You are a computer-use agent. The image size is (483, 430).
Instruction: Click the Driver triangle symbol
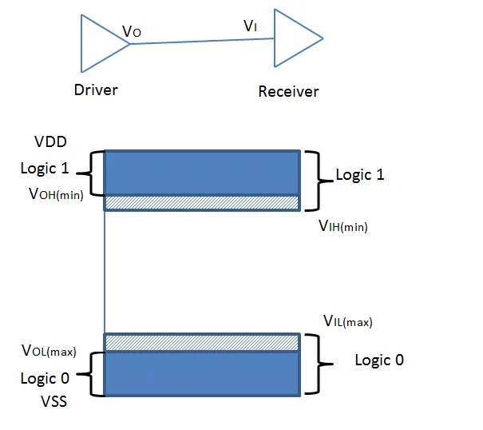pyautogui.click(x=99, y=43)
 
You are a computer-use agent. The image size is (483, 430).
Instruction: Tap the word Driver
pyautogui.click(x=95, y=90)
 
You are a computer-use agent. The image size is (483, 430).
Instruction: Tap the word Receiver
pyautogui.click(x=288, y=91)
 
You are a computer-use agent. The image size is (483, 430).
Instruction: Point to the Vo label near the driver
pyautogui.click(x=132, y=31)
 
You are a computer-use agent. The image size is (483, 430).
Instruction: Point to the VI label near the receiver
pyautogui.click(x=250, y=26)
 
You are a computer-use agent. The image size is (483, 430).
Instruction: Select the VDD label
pyautogui.click(x=51, y=141)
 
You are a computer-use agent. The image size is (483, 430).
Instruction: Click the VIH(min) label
pyautogui.click(x=342, y=226)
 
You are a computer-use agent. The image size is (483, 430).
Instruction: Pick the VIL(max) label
pyautogui.click(x=347, y=322)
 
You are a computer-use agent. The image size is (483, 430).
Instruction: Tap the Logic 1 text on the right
pyautogui.click(x=359, y=174)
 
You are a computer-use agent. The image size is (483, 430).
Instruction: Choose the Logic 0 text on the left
pyautogui.click(x=49, y=379)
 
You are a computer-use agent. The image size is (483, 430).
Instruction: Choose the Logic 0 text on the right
pyautogui.click(x=379, y=360)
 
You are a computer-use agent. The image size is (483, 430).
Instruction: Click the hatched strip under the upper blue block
pyautogui.click(x=202, y=202)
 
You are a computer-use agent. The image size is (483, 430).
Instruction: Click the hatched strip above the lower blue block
pyautogui.click(x=202, y=342)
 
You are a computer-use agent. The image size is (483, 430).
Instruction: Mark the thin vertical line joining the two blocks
pyautogui.click(x=105, y=272)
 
